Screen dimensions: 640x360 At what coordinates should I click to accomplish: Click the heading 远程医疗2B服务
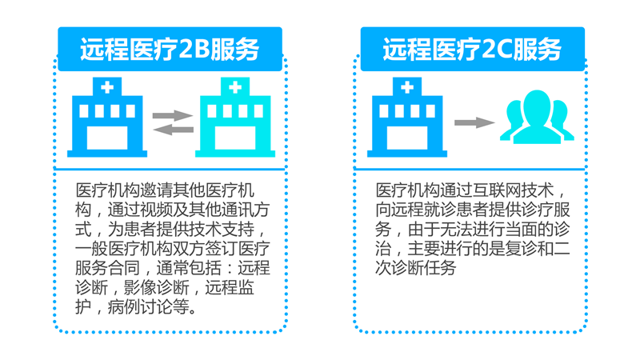(x=170, y=50)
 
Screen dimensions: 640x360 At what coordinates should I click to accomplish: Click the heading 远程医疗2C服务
(x=472, y=50)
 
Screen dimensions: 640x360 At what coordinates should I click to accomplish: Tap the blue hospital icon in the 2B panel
(x=107, y=117)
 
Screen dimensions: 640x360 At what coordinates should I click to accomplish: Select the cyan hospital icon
(x=235, y=117)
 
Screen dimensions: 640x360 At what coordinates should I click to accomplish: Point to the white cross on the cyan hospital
(x=235, y=87)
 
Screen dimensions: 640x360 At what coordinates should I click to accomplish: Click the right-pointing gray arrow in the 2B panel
(x=173, y=115)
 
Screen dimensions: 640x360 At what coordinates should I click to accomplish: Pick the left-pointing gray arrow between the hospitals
(x=173, y=130)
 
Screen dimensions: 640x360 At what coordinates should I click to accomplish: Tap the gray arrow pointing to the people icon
(x=474, y=122)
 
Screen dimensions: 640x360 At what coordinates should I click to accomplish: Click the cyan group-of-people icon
(x=537, y=117)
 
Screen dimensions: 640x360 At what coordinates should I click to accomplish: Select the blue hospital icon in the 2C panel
(x=407, y=117)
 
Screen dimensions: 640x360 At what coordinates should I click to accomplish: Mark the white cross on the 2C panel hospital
(x=407, y=87)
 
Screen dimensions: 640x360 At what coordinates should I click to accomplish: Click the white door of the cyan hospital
(x=235, y=138)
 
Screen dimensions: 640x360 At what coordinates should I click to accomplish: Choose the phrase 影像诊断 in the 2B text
(x=156, y=288)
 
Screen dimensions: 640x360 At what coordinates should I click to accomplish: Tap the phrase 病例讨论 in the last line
(x=140, y=307)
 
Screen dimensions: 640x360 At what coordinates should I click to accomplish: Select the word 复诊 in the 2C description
(x=522, y=249)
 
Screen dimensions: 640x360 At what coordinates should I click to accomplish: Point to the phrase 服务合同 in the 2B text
(x=108, y=268)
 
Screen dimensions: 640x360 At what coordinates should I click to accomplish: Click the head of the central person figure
(x=537, y=105)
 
